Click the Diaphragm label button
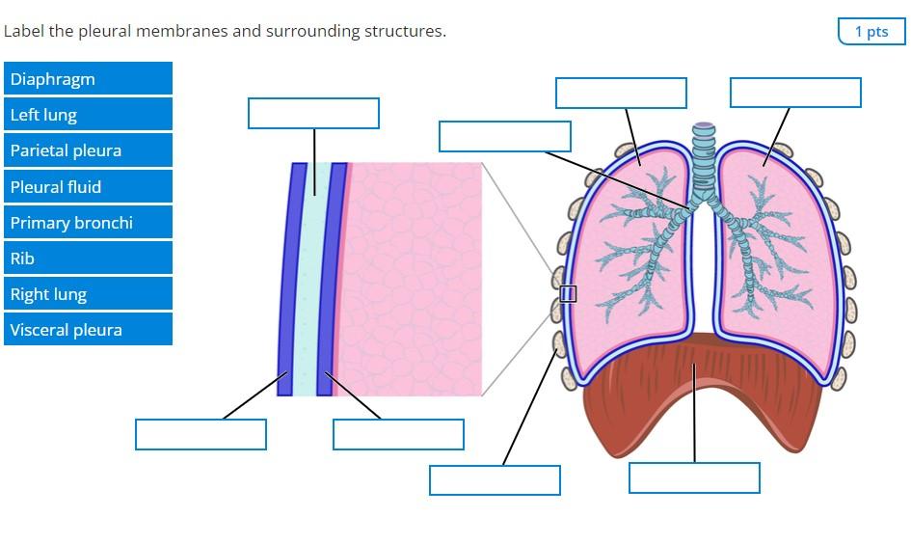[88, 79]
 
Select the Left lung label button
[88, 115]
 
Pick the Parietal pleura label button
[88, 150]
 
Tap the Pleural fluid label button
[88, 187]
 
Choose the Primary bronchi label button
[88, 223]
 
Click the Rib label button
[88, 258]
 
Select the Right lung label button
[88, 294]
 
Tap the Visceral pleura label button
[88, 330]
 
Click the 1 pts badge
[871, 32]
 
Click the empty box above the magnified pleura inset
[313, 113]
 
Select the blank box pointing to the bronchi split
[504, 136]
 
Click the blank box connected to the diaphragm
[694, 477]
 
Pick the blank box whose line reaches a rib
[495, 480]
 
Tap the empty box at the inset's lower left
[201, 434]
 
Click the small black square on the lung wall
[569, 293]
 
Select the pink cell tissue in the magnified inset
[415, 280]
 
